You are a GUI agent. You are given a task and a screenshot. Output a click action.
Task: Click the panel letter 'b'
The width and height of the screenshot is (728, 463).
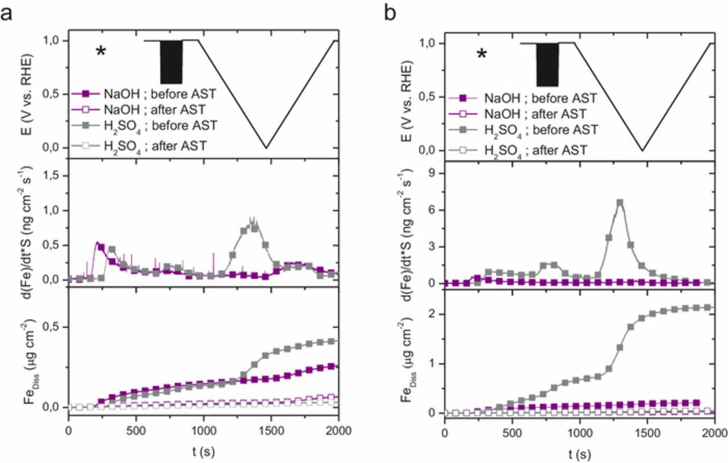coord(391,12)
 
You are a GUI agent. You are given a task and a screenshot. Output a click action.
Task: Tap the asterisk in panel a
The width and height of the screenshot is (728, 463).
coord(101,51)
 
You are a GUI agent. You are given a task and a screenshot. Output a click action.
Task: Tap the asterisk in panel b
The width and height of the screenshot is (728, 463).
coord(482,55)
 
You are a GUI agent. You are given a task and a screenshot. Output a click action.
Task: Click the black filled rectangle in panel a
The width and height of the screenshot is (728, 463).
coord(171,62)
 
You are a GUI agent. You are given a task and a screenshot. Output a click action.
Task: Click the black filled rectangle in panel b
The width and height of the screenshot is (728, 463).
coord(548,64)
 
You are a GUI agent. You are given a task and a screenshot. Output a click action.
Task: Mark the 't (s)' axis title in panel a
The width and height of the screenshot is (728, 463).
coord(203,452)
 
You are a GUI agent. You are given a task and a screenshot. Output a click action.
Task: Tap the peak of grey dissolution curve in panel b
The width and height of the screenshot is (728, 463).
coord(620,202)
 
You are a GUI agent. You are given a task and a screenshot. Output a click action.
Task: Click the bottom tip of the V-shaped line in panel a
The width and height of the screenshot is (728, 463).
coord(266,148)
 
